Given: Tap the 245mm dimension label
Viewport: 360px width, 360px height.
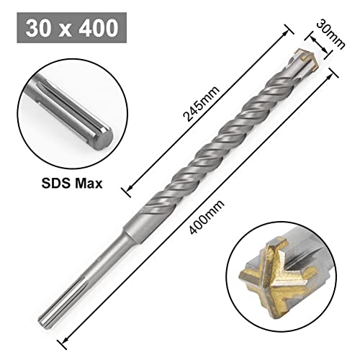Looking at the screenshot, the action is (x=201, y=104).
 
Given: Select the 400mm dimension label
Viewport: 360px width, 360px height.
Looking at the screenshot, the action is (x=207, y=217).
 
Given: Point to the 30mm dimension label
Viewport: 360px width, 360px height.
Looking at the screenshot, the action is (x=330, y=34).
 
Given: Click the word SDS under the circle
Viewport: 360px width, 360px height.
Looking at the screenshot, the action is (x=56, y=184).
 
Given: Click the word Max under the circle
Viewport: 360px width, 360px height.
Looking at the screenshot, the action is (x=89, y=184).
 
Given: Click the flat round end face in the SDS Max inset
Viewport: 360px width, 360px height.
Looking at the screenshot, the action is (x=105, y=140).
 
